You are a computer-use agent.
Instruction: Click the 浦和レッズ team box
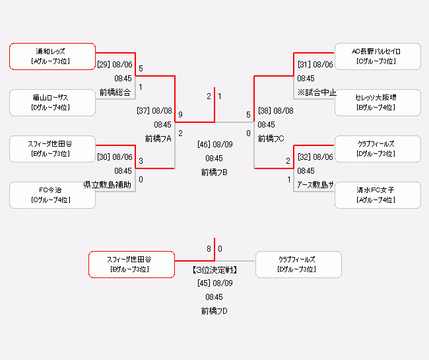[52, 56]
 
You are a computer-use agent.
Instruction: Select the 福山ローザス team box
[52, 102]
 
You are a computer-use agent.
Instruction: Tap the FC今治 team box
[52, 195]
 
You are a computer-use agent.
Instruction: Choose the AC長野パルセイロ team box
[378, 56]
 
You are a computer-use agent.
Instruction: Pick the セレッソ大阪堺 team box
[378, 102]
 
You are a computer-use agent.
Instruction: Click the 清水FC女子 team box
[378, 195]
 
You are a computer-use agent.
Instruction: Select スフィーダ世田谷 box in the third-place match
[131, 264]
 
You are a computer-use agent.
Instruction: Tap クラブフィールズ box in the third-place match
[298, 264]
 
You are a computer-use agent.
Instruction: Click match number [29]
[104, 65]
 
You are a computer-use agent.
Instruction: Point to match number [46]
[205, 144]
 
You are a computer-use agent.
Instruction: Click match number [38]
[265, 111]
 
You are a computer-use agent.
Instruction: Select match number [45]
[204, 283]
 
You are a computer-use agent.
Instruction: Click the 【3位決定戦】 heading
[214, 270]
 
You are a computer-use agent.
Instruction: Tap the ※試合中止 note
[317, 92]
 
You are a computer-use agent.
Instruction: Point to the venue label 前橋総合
[115, 92]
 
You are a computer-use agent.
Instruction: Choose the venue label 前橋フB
[214, 172]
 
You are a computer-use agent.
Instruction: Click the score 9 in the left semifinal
[180, 115]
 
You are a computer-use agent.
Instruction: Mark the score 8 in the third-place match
[209, 249]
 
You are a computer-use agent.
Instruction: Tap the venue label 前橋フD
[214, 311]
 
